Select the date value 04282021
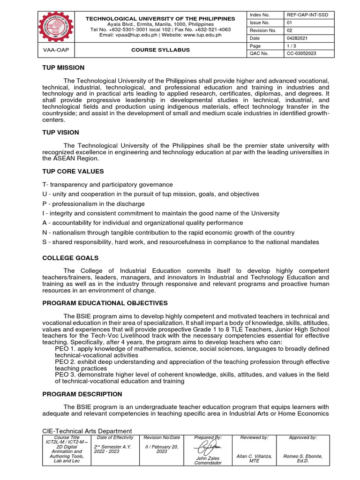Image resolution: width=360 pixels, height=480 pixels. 298,38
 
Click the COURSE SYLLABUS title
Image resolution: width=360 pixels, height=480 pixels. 160,50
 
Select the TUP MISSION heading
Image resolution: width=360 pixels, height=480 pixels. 63,68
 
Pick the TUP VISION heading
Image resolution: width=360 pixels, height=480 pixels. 60,133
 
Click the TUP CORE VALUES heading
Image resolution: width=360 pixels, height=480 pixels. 73,171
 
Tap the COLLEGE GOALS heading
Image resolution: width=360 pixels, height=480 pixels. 70,258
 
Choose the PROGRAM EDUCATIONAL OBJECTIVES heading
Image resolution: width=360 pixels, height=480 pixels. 105,303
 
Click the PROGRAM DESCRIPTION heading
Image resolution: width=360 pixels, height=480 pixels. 82,394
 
